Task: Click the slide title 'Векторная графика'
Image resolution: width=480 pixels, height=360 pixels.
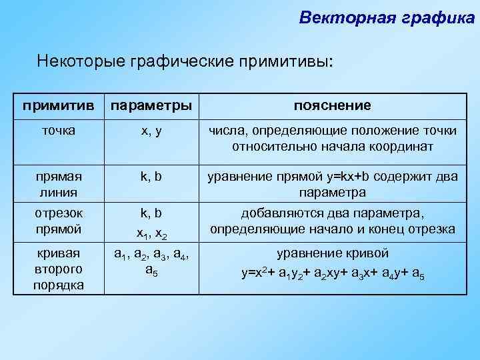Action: click(387, 17)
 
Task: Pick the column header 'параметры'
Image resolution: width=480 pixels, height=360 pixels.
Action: click(151, 106)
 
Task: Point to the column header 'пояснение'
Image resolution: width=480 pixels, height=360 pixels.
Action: click(333, 106)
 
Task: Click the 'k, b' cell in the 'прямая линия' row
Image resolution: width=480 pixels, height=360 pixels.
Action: click(151, 177)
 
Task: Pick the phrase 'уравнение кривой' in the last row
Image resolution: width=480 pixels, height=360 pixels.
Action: click(333, 254)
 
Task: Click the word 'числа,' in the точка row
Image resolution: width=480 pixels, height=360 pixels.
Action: click(229, 131)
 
